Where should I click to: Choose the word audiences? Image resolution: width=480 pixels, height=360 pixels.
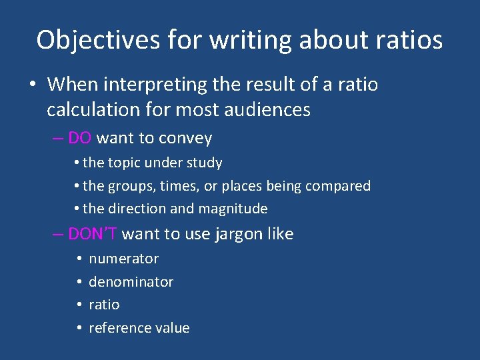[x=269, y=109]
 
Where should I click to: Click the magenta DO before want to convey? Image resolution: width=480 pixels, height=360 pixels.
[x=80, y=138]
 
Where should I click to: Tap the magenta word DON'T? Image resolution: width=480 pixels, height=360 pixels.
[x=93, y=234]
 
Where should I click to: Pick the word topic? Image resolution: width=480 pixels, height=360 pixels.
[x=127, y=163]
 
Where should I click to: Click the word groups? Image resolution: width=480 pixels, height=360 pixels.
[x=131, y=186]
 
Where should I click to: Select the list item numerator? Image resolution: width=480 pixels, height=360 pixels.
[x=123, y=259]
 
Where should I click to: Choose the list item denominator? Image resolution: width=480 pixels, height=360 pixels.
[x=131, y=282]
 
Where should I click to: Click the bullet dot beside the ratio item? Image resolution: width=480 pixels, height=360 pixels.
[x=79, y=305]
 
